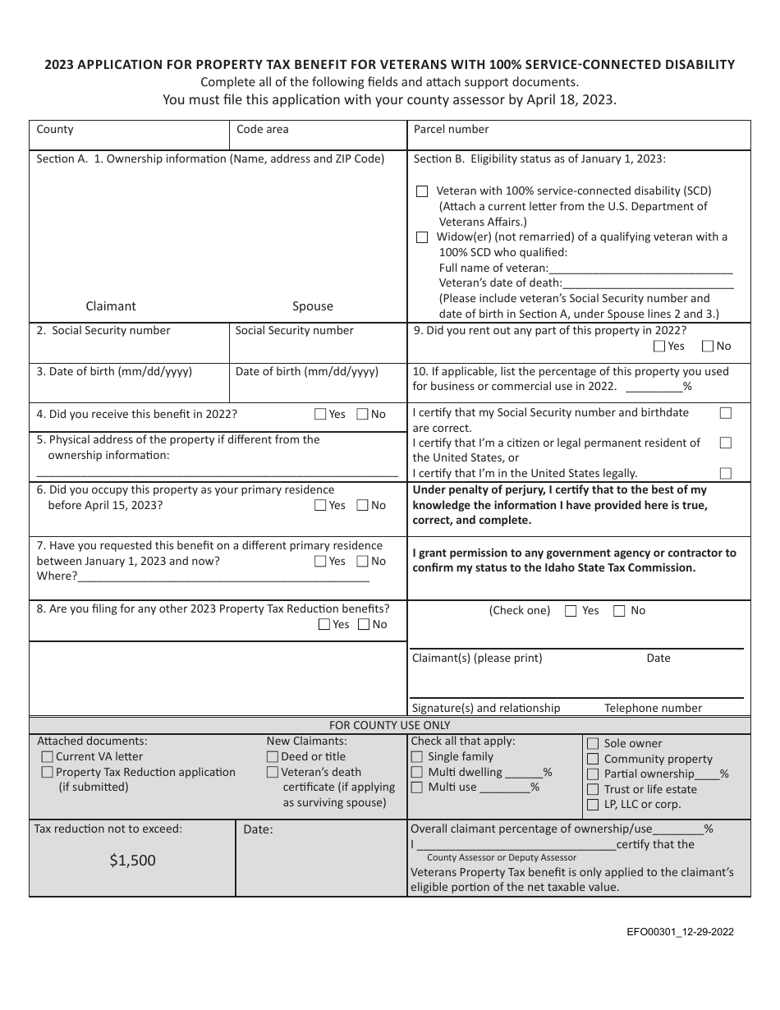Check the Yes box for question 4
[321, 414]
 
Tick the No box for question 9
[709, 346]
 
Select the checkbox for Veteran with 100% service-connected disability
[422, 191]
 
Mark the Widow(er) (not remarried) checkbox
[422, 237]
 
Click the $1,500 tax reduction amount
[132, 861]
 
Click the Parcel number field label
[451, 129]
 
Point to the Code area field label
[262, 129]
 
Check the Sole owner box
[593, 743]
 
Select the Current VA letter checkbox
[47, 756]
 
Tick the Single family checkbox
[417, 756]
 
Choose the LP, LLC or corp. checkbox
[593, 804]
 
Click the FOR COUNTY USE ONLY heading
[389, 725]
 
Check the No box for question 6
[362, 505]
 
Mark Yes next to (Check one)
[570, 610]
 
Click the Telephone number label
[653, 708]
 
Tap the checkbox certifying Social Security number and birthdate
[726, 412]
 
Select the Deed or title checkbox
[273, 756]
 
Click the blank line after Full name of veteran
[640, 268]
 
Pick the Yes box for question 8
[324, 624]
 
